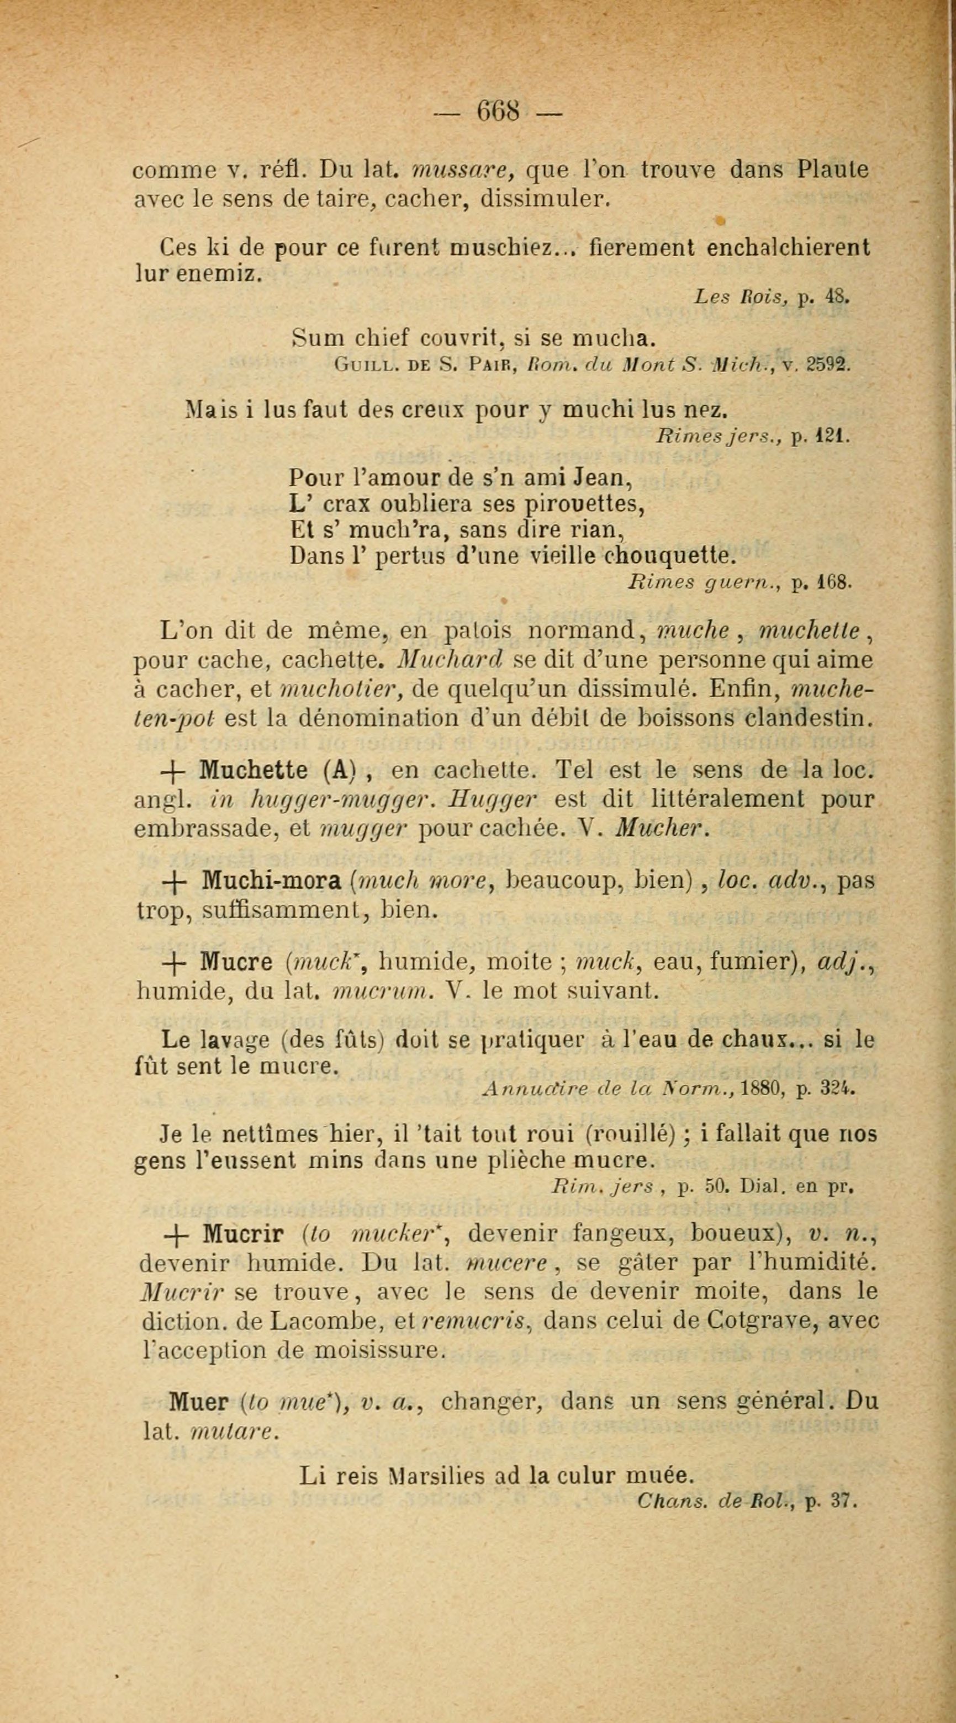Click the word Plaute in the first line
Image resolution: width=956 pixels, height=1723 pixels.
coord(833,169)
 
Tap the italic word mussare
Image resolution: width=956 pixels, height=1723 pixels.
coord(463,171)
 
